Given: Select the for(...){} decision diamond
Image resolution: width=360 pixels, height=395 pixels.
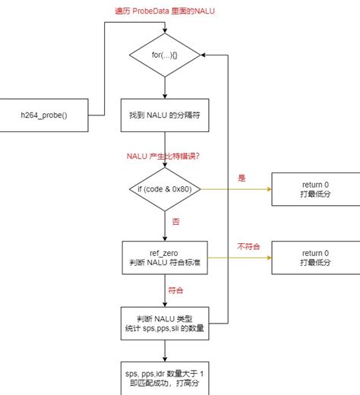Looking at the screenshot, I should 165,55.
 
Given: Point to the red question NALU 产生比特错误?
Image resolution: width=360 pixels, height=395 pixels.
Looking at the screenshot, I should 165,156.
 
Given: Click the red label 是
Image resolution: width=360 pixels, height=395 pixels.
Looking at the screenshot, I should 242,178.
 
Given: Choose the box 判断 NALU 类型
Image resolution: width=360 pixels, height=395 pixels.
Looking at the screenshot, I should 165,322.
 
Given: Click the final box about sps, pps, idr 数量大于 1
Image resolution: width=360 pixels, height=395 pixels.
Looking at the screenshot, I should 165,378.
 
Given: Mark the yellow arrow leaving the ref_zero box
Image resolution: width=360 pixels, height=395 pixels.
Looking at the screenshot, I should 239,258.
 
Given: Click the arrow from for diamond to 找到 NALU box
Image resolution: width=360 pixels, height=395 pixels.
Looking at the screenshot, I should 165,87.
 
